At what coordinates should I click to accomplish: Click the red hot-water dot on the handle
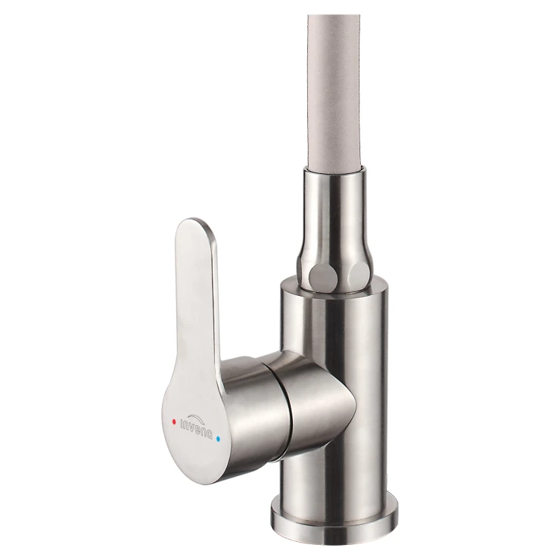click(x=174, y=422)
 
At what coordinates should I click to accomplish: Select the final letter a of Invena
click(x=210, y=435)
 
